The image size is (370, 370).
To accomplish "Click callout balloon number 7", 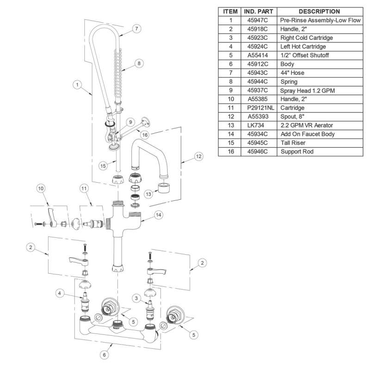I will pos(136,29).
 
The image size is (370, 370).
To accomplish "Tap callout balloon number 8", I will pos(138,63).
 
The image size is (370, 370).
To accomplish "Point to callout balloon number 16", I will pos(145,135).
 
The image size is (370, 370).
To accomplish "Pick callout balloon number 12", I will pos(198,156).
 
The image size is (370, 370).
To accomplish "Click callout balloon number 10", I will pos(41,188).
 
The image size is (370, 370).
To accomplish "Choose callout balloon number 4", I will pos(60,292).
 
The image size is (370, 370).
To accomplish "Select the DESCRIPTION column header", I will pos(319,12).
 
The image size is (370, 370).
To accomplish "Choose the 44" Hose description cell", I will pos(293,73).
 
